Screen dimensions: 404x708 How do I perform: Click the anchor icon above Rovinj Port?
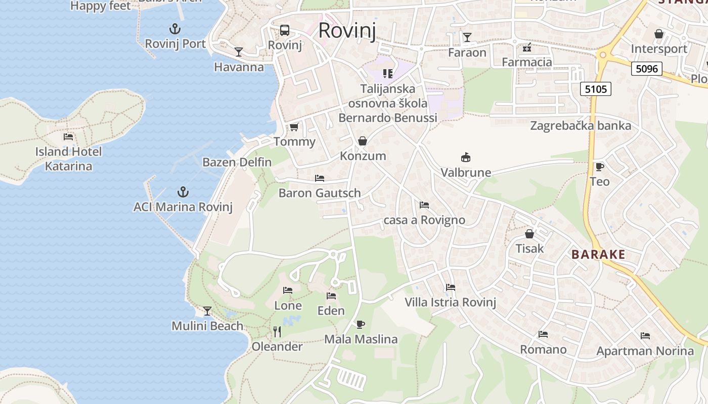pos(175,28)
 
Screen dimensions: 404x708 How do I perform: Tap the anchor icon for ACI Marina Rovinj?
pos(183,192)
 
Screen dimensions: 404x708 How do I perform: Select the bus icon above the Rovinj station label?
pos(285,30)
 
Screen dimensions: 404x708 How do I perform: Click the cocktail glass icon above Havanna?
pos(239,52)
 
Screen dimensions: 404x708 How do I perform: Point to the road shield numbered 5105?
pos(595,89)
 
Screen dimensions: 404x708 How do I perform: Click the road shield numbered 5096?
pos(646,68)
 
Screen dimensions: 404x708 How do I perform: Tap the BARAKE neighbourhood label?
pos(598,255)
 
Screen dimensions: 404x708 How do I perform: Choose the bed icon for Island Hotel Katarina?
pos(68,136)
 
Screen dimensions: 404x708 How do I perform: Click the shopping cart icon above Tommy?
pos(294,127)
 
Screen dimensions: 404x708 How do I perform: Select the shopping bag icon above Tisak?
pos(529,234)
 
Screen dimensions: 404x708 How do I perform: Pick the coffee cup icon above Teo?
pos(599,167)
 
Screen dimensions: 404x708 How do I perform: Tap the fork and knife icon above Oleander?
pos(277,332)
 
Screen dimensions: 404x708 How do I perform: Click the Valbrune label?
pos(466,173)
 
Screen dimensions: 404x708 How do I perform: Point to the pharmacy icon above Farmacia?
pos(527,47)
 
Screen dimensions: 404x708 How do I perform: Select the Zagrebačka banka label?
pos(581,126)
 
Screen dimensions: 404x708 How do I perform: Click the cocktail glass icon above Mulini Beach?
pos(207,311)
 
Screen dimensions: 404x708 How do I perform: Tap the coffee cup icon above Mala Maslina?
pos(360,324)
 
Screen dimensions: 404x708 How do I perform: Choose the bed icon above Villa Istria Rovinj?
pos(451,287)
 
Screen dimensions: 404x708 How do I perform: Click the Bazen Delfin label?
pos(237,163)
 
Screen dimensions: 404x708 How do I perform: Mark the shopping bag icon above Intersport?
pos(659,34)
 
